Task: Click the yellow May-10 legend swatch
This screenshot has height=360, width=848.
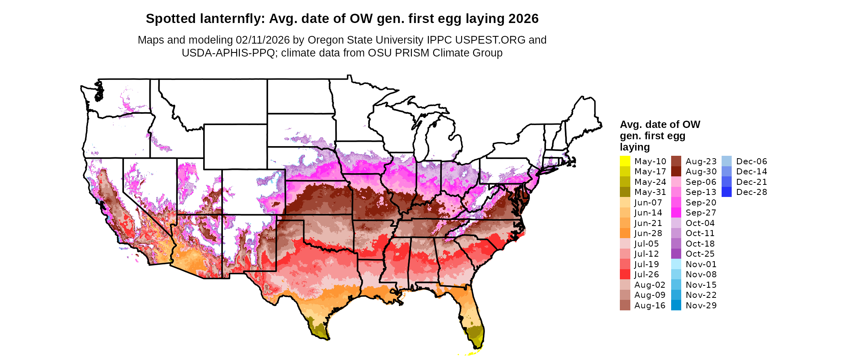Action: coord(625,161)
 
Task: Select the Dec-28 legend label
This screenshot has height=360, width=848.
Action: coord(751,192)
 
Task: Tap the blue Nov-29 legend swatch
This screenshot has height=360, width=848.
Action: coord(676,306)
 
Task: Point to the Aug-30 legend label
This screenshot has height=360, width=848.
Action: coord(701,172)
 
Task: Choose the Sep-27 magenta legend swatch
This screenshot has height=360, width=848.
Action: coord(676,213)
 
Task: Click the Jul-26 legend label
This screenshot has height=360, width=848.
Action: coord(646,274)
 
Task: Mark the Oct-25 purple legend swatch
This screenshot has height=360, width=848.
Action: coord(676,254)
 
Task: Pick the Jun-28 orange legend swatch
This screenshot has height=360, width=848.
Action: coord(625,233)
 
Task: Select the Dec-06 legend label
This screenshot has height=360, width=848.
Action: coord(751,161)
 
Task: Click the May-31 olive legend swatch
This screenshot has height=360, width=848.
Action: coord(625,192)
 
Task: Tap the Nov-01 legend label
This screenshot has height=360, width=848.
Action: coord(701,264)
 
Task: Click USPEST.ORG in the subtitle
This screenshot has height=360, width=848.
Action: coord(490,40)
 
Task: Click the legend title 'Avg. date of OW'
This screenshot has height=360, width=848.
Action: coord(660,124)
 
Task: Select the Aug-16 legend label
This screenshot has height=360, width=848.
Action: coord(650,306)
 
